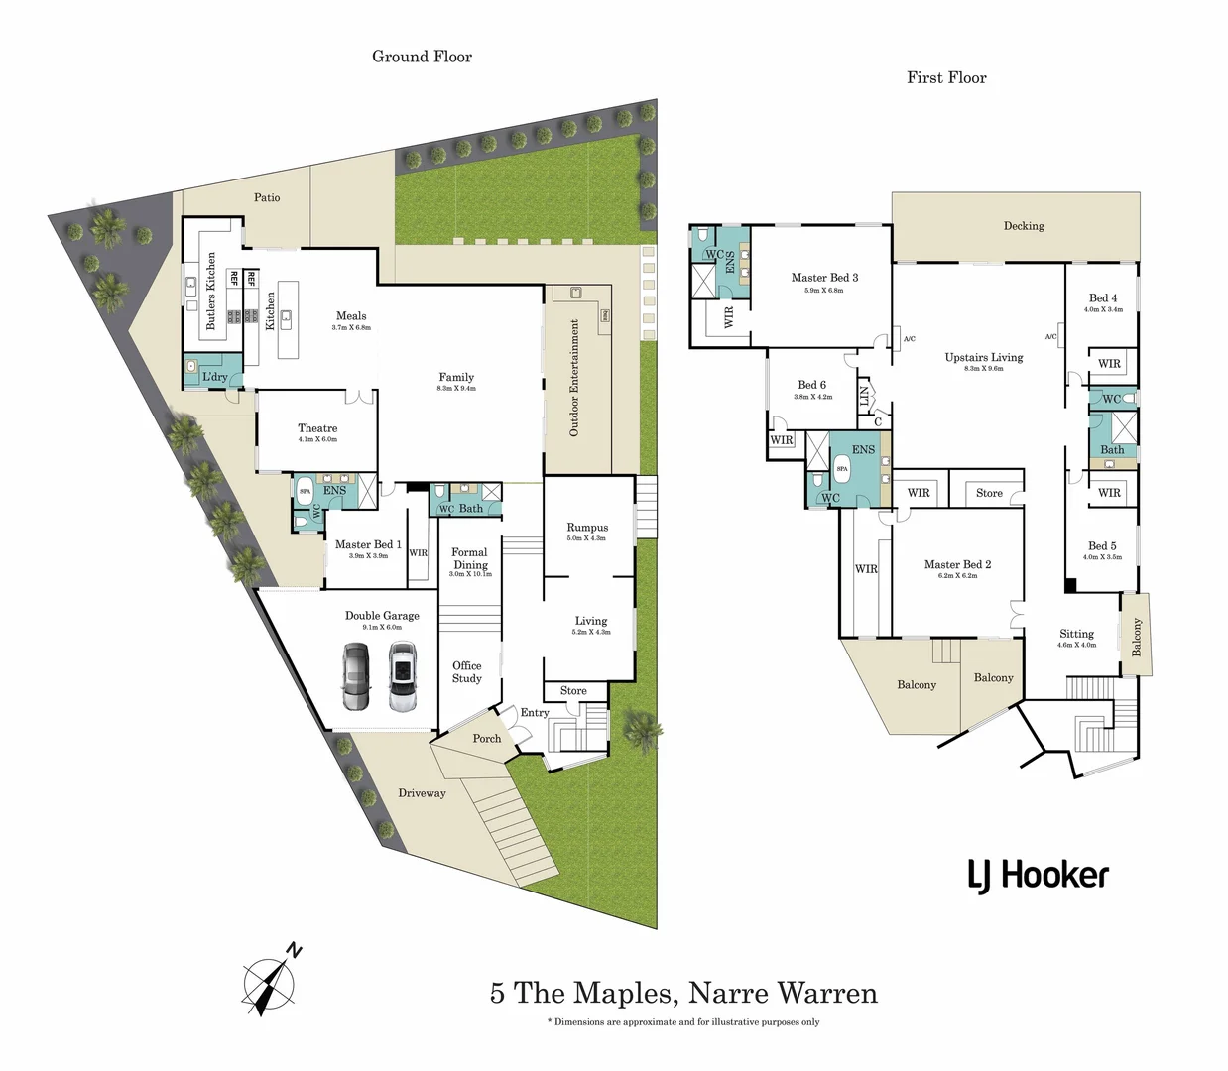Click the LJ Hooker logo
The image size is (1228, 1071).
[x=1038, y=876]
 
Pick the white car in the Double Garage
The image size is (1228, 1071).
[x=401, y=677]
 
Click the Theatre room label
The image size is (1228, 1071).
[x=317, y=429]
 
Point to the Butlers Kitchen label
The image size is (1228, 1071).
[x=210, y=291]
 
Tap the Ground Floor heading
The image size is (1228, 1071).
[x=422, y=57]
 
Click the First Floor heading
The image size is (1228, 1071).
[x=946, y=77]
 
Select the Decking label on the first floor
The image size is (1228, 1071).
[x=1023, y=226]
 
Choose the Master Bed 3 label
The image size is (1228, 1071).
[x=824, y=278]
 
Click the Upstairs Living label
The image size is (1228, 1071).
[x=983, y=358]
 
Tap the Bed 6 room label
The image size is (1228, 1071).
[x=811, y=385]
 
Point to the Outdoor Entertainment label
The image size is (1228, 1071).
[x=573, y=378]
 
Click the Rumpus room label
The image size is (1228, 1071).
[x=587, y=528]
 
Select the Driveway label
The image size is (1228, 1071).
[x=422, y=793]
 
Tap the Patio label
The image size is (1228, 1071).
[x=267, y=197]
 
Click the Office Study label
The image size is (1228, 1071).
[x=467, y=672]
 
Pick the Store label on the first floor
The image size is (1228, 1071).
[x=989, y=493]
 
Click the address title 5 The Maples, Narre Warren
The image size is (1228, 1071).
[x=683, y=993]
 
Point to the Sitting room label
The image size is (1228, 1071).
[x=1076, y=634]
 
